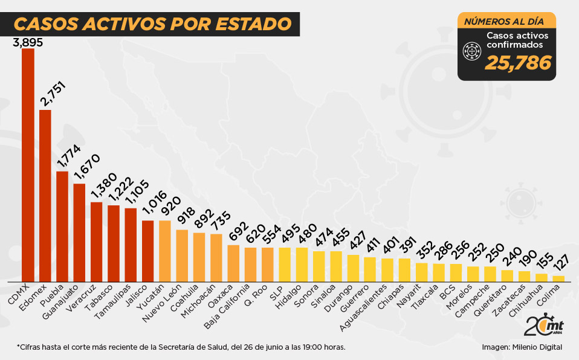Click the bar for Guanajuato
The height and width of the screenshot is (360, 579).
(x=79, y=233)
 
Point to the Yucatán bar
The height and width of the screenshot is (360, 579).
(x=164, y=251)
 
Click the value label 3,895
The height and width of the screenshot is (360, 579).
(x=28, y=42)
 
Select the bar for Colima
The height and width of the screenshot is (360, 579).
(x=559, y=278)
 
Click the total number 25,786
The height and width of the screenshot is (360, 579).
(x=518, y=62)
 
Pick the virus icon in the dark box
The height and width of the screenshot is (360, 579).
(x=471, y=53)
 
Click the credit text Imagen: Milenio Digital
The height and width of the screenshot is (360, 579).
(x=522, y=347)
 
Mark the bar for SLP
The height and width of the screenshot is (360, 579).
(x=285, y=265)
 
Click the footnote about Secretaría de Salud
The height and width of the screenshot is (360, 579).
(x=181, y=347)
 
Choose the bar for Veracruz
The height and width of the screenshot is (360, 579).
(x=96, y=242)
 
